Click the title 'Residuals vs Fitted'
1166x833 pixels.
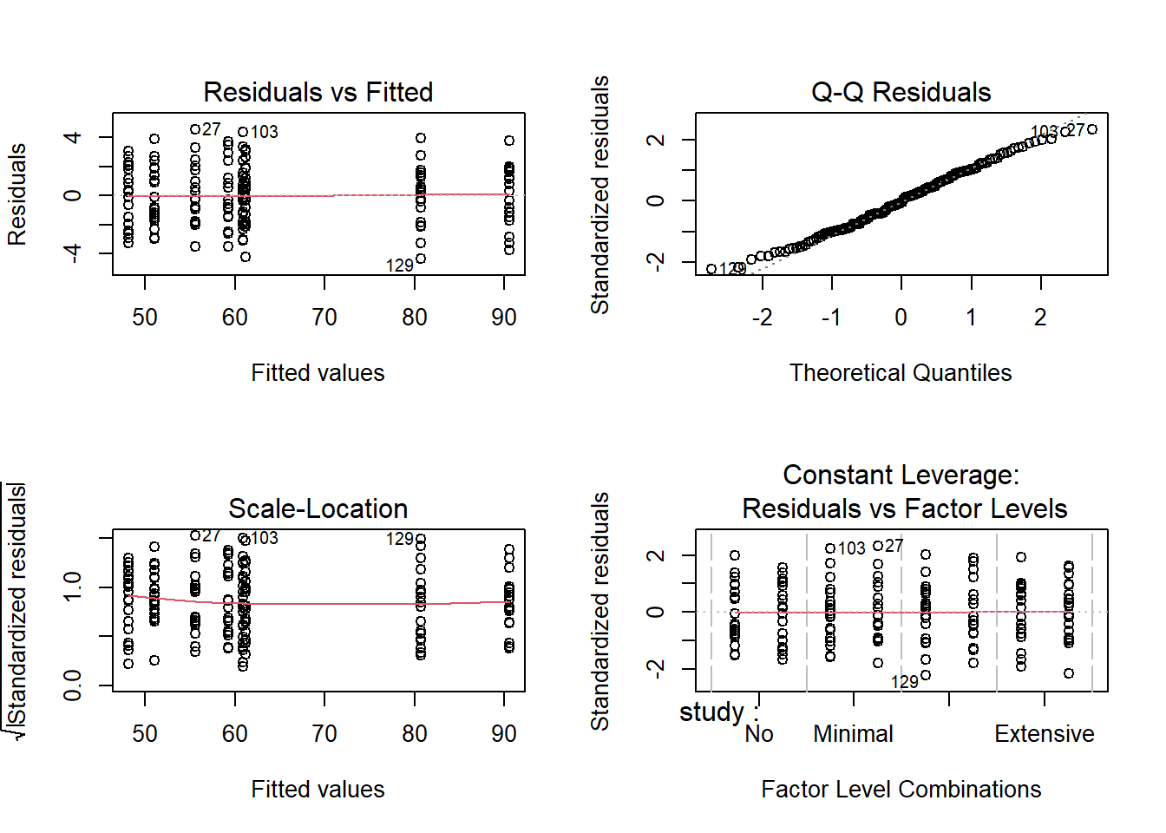pyautogui.click(x=318, y=92)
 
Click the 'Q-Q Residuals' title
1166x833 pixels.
pyautogui.click(x=901, y=92)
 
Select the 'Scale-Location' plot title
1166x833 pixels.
pyautogui.click(x=318, y=508)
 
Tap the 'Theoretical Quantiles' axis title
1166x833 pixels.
pyautogui.click(x=901, y=372)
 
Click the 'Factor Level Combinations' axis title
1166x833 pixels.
pyautogui.click(x=901, y=789)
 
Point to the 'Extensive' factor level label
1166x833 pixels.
pyautogui.click(x=1044, y=734)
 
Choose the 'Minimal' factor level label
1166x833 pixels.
pyautogui.click(x=853, y=734)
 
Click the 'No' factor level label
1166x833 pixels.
pyautogui.click(x=759, y=734)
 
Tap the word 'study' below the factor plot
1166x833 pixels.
pyautogui.click(x=711, y=712)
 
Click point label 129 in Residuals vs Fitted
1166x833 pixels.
pyautogui.click(x=400, y=266)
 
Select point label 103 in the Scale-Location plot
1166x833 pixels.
pyautogui.click(x=265, y=538)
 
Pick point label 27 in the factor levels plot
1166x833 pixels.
pyautogui.click(x=894, y=546)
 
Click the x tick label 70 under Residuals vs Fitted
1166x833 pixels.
pyautogui.click(x=324, y=318)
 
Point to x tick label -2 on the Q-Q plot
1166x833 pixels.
pyautogui.click(x=762, y=318)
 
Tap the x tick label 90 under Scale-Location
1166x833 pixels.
pyautogui.click(x=504, y=734)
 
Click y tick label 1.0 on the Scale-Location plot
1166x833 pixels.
pyautogui.click(x=73, y=587)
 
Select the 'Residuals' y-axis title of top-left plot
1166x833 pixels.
pyautogui.click(x=17, y=194)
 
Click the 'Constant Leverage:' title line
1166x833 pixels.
pyautogui.click(x=901, y=475)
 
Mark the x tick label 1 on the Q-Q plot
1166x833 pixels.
pyautogui.click(x=972, y=318)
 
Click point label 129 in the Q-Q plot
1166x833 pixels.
pyautogui.click(x=732, y=269)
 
